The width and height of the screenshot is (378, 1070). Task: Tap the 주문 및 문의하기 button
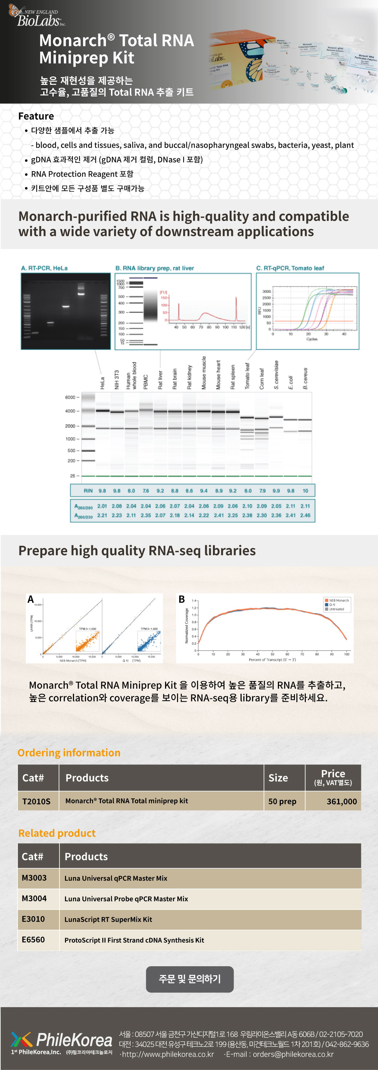pos(189,979)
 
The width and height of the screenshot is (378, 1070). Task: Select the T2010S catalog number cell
pos(37,801)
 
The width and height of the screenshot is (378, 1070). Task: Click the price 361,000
pos(341,801)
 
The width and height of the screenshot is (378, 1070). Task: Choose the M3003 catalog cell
pos(34,878)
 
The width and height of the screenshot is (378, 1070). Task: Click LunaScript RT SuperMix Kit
pos(108,919)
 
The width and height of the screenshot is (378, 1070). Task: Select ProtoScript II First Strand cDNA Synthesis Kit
pos(134,940)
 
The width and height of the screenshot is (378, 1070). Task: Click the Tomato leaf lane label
pos(247,376)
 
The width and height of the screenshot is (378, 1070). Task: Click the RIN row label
pos(88,491)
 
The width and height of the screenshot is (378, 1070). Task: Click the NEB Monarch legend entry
pos(338,600)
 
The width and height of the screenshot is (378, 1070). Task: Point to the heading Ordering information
pos(69,753)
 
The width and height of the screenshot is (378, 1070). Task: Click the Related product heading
pos(57,833)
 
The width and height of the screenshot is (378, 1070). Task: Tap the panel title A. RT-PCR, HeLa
pos(45,268)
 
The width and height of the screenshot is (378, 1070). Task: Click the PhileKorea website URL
pos(168,1054)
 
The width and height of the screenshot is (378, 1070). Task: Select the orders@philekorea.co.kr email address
pos(293,1054)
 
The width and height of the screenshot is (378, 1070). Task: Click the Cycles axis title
pos(312,339)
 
